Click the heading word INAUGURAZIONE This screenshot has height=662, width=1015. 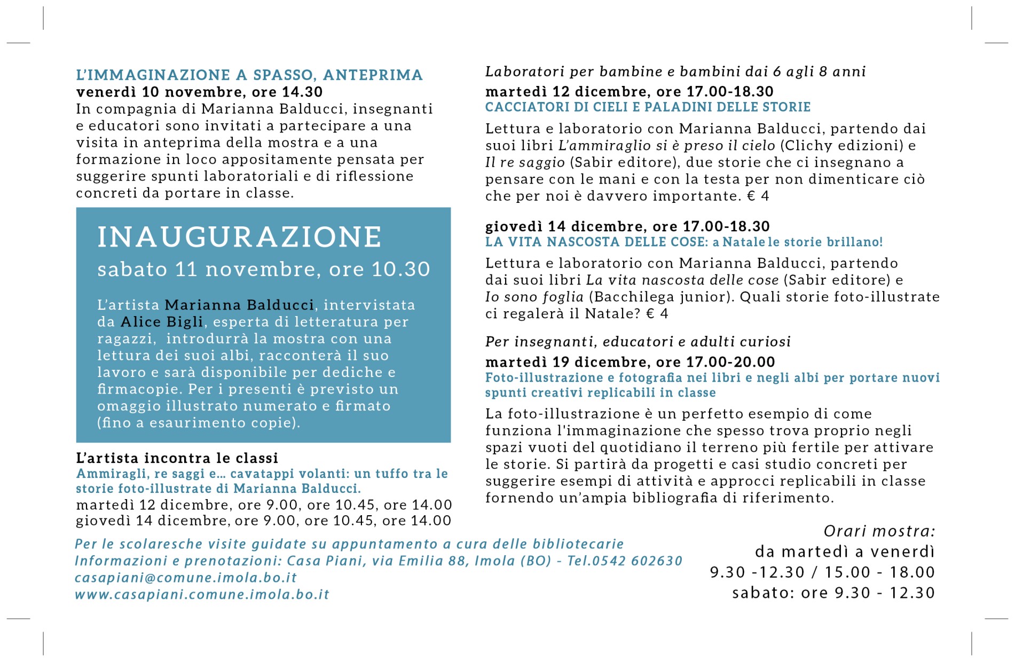point(239,237)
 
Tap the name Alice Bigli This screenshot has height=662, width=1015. point(162,322)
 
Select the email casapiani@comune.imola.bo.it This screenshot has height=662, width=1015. point(185,578)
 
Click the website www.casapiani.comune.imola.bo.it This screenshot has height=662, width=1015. point(202,595)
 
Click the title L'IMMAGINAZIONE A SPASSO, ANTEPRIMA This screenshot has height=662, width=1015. point(249,75)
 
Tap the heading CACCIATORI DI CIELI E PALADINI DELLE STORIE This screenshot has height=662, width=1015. point(648,107)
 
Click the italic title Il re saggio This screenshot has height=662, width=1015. point(525,162)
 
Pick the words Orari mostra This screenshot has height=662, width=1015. point(879,531)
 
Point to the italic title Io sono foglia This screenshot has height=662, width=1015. point(534,297)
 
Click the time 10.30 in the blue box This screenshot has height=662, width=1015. point(400,270)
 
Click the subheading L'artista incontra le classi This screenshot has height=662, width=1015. point(177,458)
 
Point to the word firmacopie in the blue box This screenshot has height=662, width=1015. point(138,389)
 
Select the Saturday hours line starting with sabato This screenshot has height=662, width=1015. point(833,593)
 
